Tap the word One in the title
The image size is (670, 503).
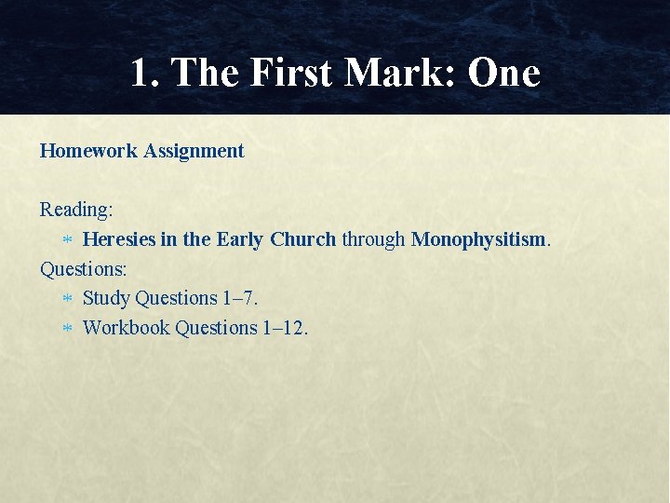coord(503,73)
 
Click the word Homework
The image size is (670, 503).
coord(88,151)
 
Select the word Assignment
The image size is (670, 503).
coord(194,151)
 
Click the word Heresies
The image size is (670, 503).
coord(119,239)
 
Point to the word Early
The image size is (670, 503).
coord(240,239)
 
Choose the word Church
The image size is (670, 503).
coord(303,239)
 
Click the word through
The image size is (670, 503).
coord(373,239)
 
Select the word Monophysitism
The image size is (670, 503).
coord(478,239)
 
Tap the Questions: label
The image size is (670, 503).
coord(84,268)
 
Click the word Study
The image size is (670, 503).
coord(106,298)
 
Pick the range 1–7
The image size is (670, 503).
coord(240,298)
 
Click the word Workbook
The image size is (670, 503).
coord(126,328)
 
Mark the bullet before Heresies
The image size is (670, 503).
coord(66,240)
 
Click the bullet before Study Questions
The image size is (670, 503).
coord(66,299)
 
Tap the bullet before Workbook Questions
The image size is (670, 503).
coord(66,329)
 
